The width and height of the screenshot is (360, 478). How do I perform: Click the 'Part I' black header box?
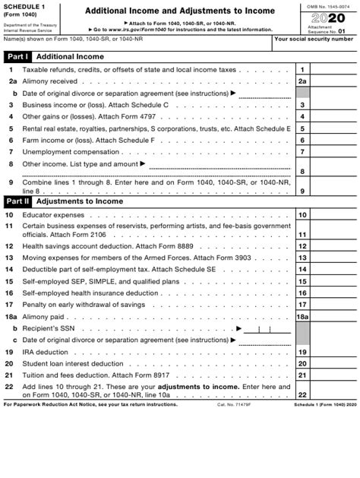pyautogui.click(x=18, y=57)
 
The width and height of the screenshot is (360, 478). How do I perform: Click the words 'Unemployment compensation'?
pyautogui.click(x=70, y=152)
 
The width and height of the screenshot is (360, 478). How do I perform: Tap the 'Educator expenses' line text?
pyautogui.click(x=53, y=215)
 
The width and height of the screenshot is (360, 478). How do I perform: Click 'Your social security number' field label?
pyautogui.click(x=315, y=38)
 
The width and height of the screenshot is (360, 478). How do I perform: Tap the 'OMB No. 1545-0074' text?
pyautogui.click(x=333, y=5)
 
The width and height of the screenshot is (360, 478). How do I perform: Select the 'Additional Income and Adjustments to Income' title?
pyautogui.click(x=180, y=11)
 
